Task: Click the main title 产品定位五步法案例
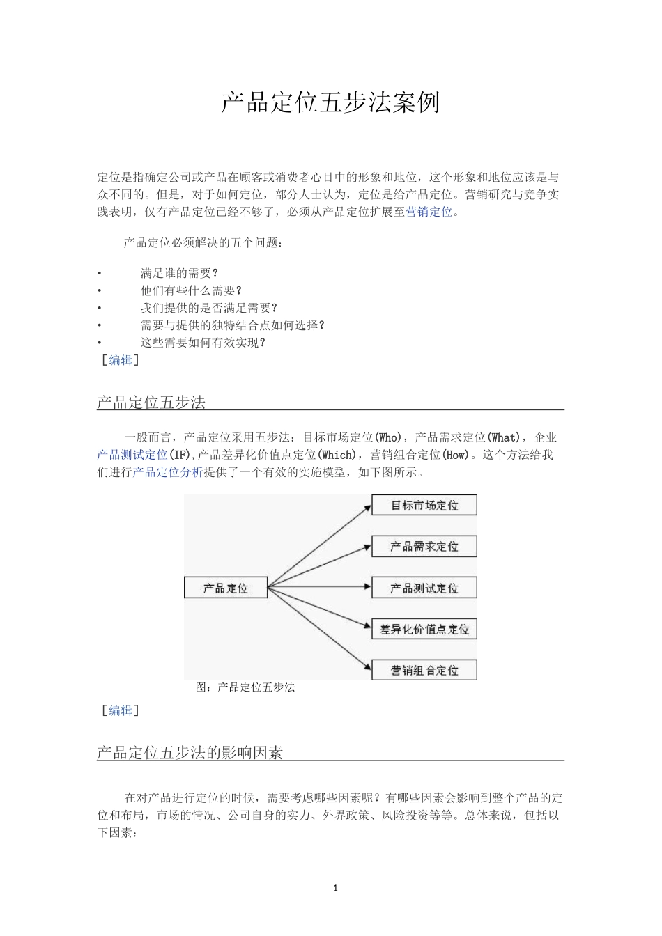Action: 330,102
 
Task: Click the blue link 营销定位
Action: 429,212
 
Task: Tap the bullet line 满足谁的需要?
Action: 179,273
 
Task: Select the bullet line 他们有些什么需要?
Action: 191,290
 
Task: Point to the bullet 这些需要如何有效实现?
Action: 203,343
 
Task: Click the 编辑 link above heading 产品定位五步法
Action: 121,360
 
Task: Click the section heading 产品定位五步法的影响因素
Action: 190,752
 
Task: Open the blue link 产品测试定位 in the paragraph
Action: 132,455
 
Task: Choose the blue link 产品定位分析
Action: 168,472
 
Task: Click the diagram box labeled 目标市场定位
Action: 424,506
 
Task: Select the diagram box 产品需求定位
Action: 424,547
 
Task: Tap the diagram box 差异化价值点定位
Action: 424,630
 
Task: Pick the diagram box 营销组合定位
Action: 424,671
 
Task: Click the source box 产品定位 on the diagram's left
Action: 225,588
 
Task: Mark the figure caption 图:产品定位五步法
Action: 245,687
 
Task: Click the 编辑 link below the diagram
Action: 121,710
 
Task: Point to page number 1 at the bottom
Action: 335,888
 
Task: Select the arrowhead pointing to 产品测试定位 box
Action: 367,587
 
